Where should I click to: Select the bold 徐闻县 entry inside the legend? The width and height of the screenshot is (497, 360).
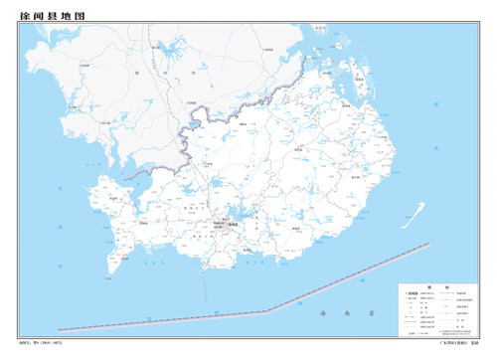point(410,294)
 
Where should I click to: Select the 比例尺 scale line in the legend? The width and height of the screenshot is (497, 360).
point(417,334)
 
